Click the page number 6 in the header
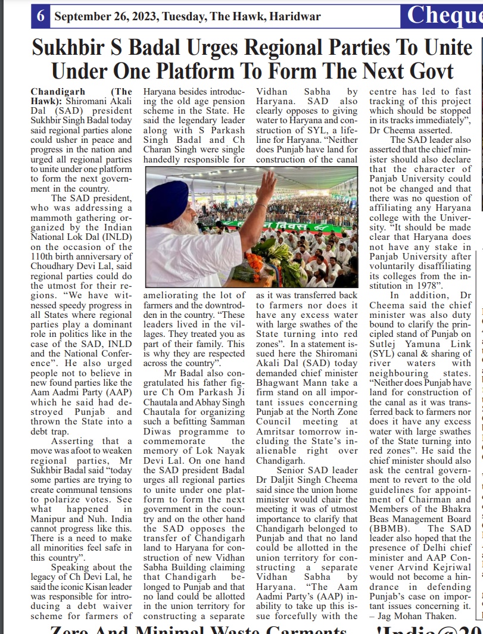pyautogui.click(x=40, y=16)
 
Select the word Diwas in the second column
pyautogui.click(x=158, y=432)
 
